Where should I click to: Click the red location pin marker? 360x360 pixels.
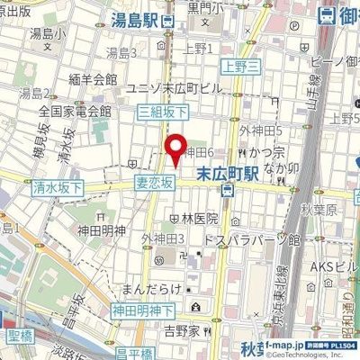point(175,148)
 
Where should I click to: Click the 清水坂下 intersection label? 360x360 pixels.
point(56,189)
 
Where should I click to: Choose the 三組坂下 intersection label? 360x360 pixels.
point(162,111)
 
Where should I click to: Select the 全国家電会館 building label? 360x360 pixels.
point(75,112)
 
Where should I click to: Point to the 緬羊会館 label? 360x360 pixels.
point(93,79)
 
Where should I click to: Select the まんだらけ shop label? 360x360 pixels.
point(147,290)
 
